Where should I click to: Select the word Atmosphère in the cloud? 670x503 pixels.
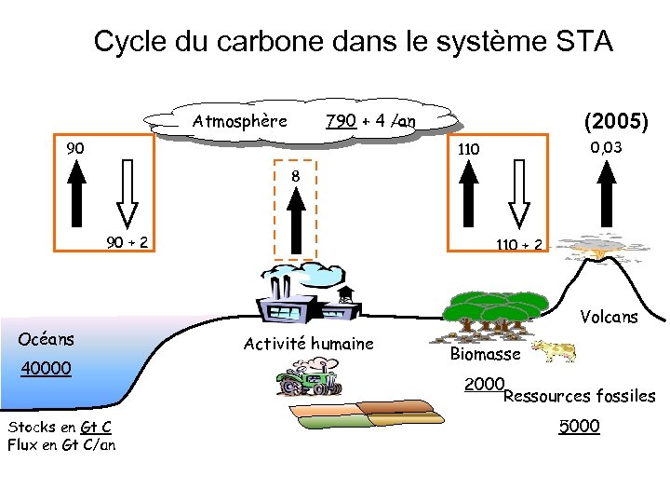click(x=240, y=121)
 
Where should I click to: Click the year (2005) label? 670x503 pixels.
click(x=615, y=121)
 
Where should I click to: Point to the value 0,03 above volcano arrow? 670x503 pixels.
click(x=606, y=147)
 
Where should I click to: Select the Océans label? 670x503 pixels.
click(x=47, y=339)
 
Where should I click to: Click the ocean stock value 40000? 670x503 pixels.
click(x=47, y=369)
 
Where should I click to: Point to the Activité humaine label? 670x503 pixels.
click(x=308, y=344)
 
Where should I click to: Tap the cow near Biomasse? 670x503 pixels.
click(x=554, y=351)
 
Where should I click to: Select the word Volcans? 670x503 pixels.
click(x=610, y=318)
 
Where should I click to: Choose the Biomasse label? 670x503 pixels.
click(x=485, y=354)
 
